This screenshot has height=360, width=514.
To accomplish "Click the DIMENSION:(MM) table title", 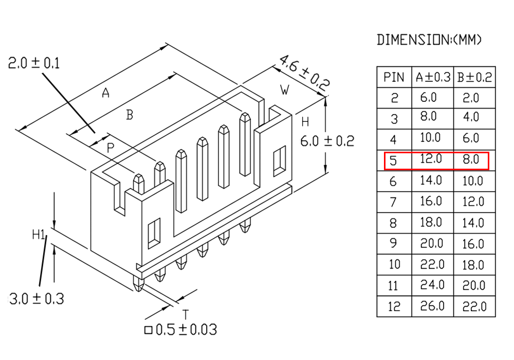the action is coord(429,40).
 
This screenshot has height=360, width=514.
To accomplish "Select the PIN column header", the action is coord(394,77).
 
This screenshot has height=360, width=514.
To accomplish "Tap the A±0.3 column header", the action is coord(433,77).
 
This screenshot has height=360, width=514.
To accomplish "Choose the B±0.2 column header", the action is coord(474,77).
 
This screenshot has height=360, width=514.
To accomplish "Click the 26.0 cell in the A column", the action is coord(432,306).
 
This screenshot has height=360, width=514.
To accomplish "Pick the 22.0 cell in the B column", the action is coord(474,307).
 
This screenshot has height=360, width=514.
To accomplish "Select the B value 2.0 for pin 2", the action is coord(471,98).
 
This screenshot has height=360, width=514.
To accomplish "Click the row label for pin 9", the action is coord(393,243).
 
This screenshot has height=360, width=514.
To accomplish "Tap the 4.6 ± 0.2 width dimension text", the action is coord(304,74).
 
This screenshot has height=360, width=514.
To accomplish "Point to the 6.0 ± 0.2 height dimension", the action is coord(327,141).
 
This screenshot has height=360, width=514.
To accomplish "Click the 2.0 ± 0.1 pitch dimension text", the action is coord(34,63).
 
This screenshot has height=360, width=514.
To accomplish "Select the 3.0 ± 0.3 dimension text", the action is coord(36,299).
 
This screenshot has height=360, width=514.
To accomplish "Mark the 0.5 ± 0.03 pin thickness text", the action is coord(186,330).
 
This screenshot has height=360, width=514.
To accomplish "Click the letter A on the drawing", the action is coord(105,93).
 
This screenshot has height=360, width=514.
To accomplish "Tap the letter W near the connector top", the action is coord(285,89).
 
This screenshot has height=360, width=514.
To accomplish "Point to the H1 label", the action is coord(39,235).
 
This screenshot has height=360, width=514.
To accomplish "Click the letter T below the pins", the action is coord(186,314).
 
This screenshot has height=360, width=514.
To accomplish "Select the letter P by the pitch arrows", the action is coord(111,148).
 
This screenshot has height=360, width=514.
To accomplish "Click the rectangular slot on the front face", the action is coord(154,233).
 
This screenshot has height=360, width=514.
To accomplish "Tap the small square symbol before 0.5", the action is coord(149,330).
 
